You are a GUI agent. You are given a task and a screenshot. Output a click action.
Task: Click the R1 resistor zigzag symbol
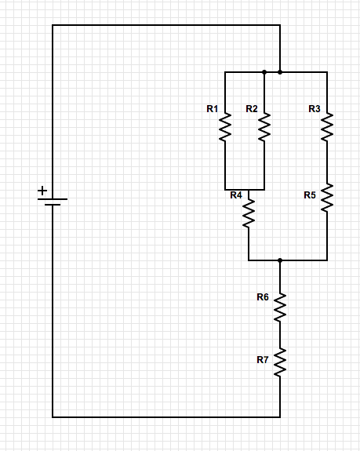click(x=225, y=127)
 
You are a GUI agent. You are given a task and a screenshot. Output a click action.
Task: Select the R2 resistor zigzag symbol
click(x=264, y=127)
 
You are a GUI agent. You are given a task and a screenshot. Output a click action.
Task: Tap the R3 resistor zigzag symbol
click(x=327, y=127)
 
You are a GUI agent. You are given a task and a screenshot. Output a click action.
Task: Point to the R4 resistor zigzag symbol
click(x=249, y=213)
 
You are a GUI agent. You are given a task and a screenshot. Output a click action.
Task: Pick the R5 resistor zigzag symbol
click(x=327, y=198)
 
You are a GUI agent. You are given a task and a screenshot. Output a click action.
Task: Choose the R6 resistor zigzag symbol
click(x=280, y=307)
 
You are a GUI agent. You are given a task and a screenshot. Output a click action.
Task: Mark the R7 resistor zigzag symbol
click(x=280, y=362)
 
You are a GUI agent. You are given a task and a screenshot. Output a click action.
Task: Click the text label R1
click(x=213, y=109)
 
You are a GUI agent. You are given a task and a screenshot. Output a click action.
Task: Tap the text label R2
click(x=252, y=109)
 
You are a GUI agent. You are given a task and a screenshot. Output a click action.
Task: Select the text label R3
click(x=315, y=109)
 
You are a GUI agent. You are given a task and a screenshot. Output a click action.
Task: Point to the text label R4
click(x=236, y=195)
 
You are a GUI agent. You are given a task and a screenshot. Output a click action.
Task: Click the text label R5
click(x=310, y=195)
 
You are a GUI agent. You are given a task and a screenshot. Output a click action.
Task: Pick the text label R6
click(x=263, y=296)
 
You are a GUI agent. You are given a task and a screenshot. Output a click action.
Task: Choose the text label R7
click(x=263, y=359)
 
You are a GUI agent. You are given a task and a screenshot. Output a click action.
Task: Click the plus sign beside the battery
click(x=42, y=191)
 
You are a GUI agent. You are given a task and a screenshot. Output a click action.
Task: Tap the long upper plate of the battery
click(x=53, y=199)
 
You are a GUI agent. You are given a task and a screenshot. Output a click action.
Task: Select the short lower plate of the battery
click(x=53, y=205)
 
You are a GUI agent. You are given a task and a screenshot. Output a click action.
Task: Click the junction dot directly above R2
click(x=264, y=72)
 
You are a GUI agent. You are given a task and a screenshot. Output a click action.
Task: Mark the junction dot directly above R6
click(x=280, y=260)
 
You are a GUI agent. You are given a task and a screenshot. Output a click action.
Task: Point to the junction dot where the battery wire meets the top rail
click(x=280, y=72)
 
